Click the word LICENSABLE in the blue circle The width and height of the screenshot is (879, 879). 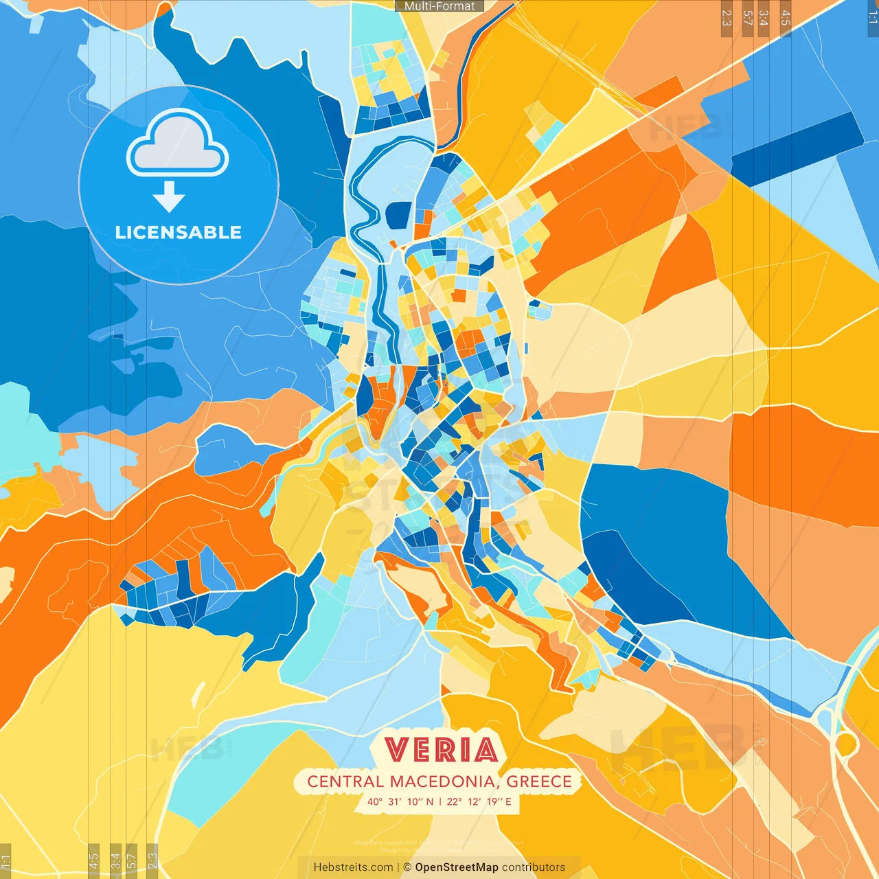tap(178, 232)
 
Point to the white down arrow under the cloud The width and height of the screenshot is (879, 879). tap(169, 198)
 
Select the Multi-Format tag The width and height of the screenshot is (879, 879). tap(439, 6)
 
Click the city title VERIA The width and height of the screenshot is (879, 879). tap(441, 750)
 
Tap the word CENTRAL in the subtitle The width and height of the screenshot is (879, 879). tap(345, 781)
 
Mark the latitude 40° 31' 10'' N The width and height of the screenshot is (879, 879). tap(400, 801)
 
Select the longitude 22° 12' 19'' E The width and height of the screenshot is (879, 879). tap(479, 801)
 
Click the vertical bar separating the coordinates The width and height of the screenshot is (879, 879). tap(440, 801)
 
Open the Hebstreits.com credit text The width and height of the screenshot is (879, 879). tap(353, 867)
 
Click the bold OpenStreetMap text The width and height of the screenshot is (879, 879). tap(457, 867)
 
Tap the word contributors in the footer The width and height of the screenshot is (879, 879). tap(534, 867)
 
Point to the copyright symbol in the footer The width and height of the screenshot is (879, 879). tap(407, 867)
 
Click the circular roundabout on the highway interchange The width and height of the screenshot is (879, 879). tap(846, 744)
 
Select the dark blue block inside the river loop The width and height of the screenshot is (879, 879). tap(398, 215)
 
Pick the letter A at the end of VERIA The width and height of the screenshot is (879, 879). tap(486, 750)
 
